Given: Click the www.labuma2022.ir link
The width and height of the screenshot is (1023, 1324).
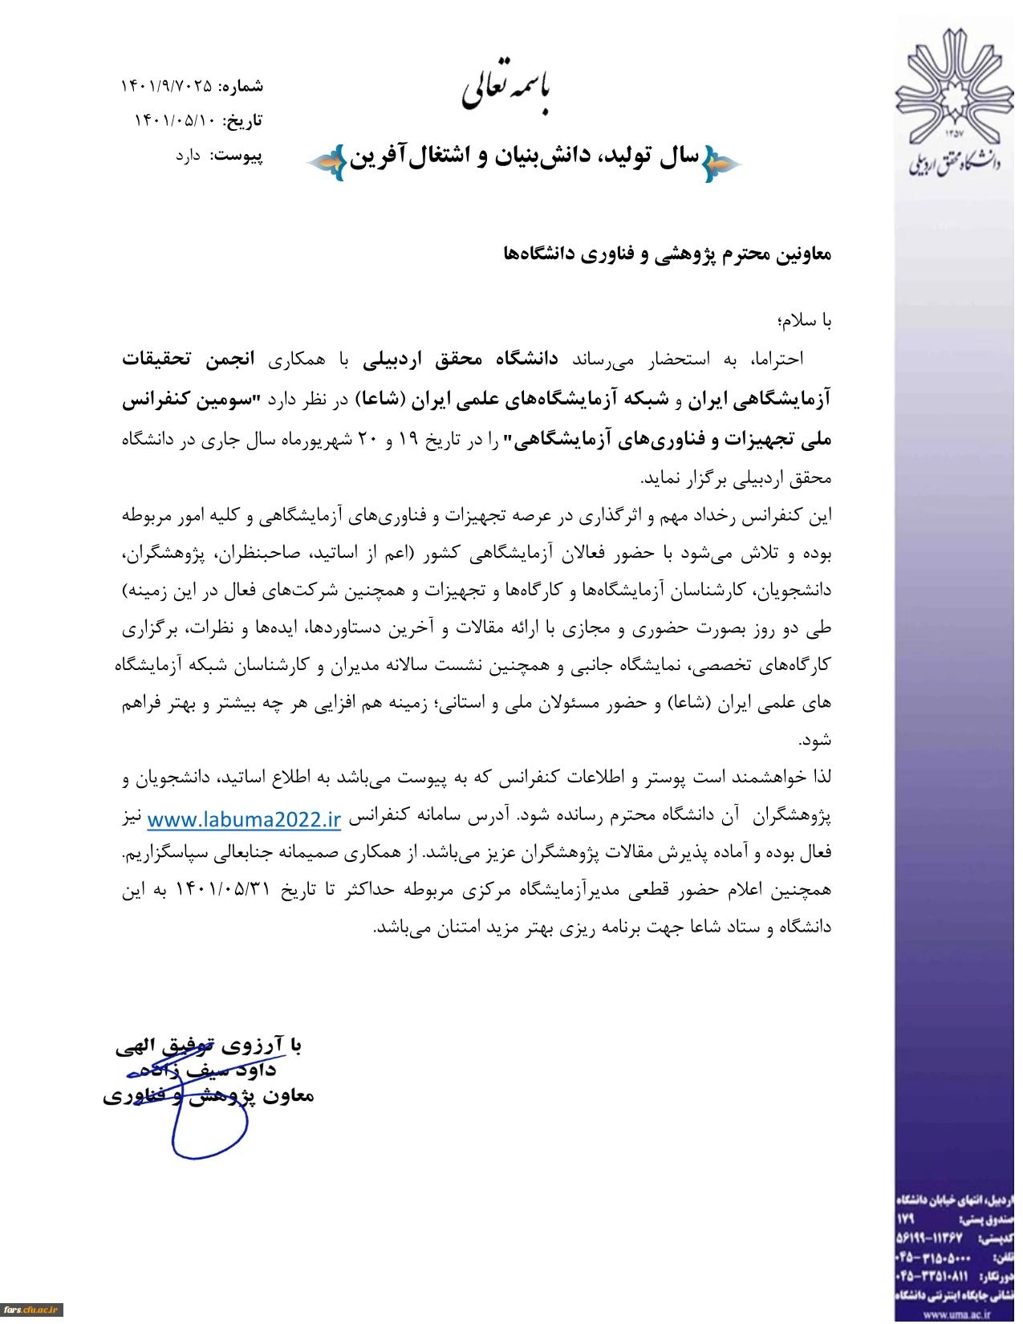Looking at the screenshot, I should pyautogui.click(x=244, y=819).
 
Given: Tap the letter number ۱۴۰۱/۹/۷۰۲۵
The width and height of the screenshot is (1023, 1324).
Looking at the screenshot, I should pyautogui.click(x=167, y=86).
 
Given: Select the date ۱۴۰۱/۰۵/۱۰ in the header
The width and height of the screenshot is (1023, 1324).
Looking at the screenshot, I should pyautogui.click(x=174, y=120).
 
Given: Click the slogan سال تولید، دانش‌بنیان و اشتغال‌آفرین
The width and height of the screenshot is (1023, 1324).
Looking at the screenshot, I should pyautogui.click(x=523, y=157).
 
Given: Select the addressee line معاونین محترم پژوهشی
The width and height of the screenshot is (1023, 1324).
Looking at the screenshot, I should pyautogui.click(x=667, y=255).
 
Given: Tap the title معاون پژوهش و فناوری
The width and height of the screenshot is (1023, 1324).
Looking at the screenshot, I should pyautogui.click(x=208, y=1096).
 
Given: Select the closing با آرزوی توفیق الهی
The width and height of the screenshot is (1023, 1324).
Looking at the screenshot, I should pyautogui.click(x=209, y=1045).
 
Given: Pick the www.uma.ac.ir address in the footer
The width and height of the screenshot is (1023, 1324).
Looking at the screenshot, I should pyautogui.click(x=956, y=1314).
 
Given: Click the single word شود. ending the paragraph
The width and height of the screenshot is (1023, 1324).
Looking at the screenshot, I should pyautogui.click(x=814, y=740).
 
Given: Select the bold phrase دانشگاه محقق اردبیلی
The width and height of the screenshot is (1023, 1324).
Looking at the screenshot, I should pyautogui.click(x=460, y=359).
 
